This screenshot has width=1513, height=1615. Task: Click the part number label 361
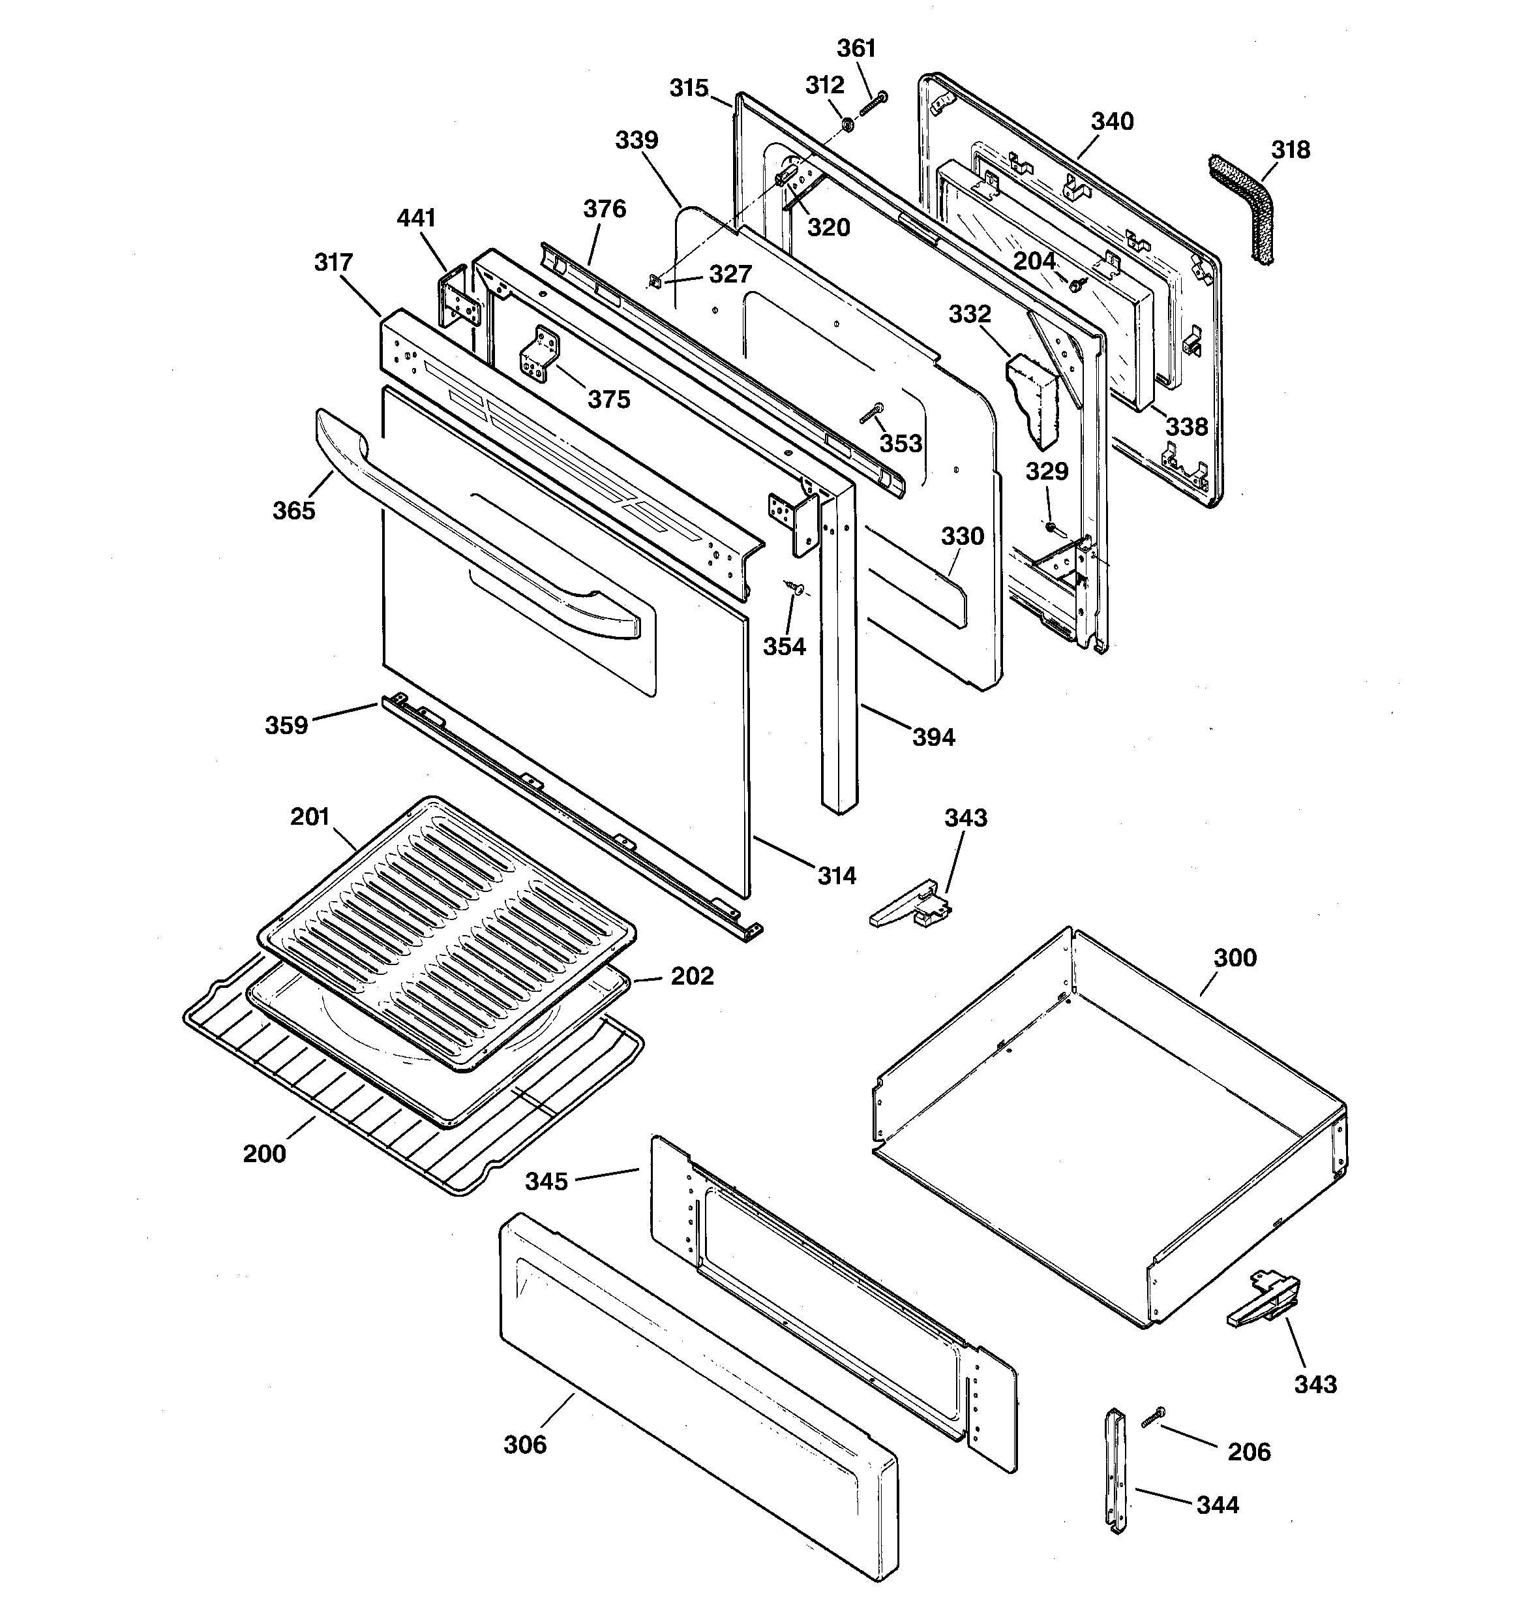click(x=856, y=49)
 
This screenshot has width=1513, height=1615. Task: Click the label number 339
click(x=636, y=140)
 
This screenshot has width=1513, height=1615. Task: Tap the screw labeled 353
click(x=871, y=414)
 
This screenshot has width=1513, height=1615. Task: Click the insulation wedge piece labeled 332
click(x=1034, y=399)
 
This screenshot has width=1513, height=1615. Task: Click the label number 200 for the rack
click(x=264, y=1154)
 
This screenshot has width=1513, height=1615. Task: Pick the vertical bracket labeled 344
click(x=1116, y=1470)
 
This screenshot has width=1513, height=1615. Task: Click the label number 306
click(x=524, y=1445)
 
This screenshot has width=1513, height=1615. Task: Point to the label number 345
click(x=546, y=1181)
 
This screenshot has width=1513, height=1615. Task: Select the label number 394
click(x=933, y=737)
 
